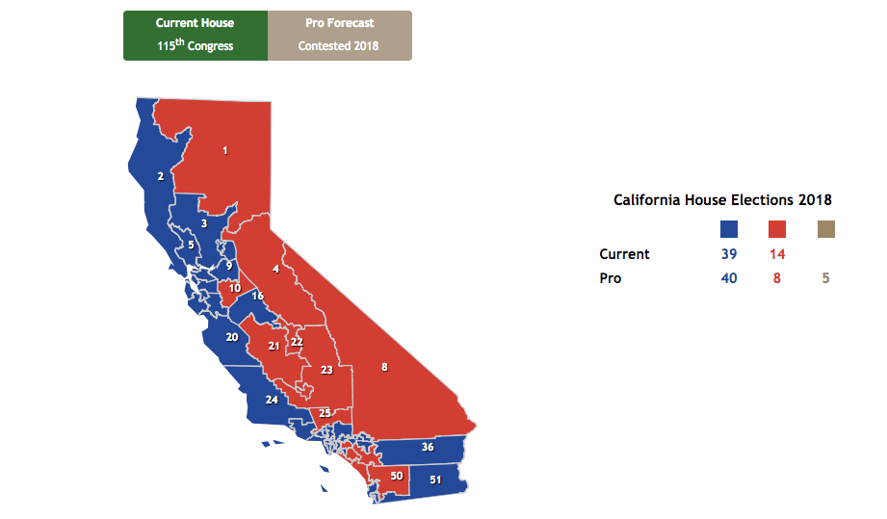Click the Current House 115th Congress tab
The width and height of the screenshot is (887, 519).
196,35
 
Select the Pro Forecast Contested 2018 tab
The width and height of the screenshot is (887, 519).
339,35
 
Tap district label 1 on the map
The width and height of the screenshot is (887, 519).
225,150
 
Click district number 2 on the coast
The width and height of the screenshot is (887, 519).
161,176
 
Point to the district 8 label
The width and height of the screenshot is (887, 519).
384,367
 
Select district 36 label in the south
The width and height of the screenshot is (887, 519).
428,447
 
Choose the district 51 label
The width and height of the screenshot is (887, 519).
435,480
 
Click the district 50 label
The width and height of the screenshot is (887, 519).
396,476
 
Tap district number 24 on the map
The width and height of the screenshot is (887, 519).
272,400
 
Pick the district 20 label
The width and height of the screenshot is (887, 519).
232,337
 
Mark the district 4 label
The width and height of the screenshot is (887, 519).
276,270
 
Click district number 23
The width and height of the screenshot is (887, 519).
326,370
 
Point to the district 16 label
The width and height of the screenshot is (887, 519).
258,296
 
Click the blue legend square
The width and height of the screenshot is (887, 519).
729,229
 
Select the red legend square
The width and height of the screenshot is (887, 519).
777,229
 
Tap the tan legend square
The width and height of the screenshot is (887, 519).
825,229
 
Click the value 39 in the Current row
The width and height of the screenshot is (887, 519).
729,254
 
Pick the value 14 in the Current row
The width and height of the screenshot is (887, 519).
777,254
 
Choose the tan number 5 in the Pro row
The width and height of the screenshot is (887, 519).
825,278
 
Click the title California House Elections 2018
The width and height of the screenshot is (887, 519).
722,200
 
